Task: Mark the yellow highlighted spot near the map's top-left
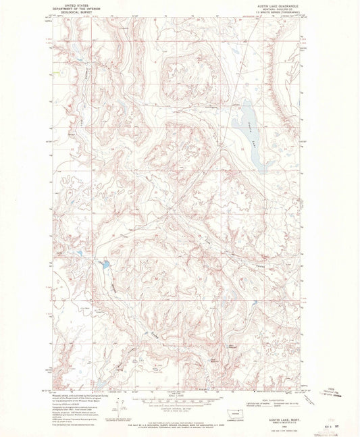[57, 73]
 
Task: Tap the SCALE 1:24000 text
[180, 395]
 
